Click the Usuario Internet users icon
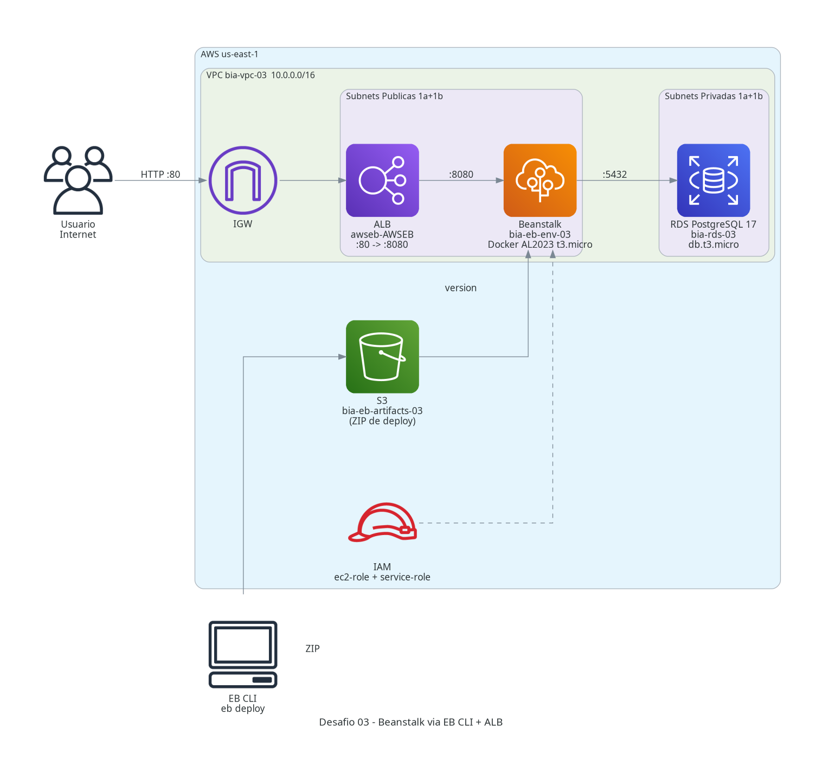pos(78,180)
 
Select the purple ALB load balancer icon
pos(382,180)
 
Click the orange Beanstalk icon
pos(540,180)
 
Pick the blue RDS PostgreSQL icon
pos(713,180)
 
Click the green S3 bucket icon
pos(382,356)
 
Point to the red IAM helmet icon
pos(382,522)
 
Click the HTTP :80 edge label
pos(160,174)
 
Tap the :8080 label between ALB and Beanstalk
pos(461,174)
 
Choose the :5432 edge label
pos(614,174)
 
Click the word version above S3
pos(460,288)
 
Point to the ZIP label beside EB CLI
pos(312,648)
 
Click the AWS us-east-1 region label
pos(229,54)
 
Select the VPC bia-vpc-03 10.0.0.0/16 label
pos(260,75)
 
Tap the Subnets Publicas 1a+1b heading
pos(394,96)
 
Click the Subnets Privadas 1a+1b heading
pos(713,96)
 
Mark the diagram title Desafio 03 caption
pos(410,722)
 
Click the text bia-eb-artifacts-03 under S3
pos(382,410)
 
